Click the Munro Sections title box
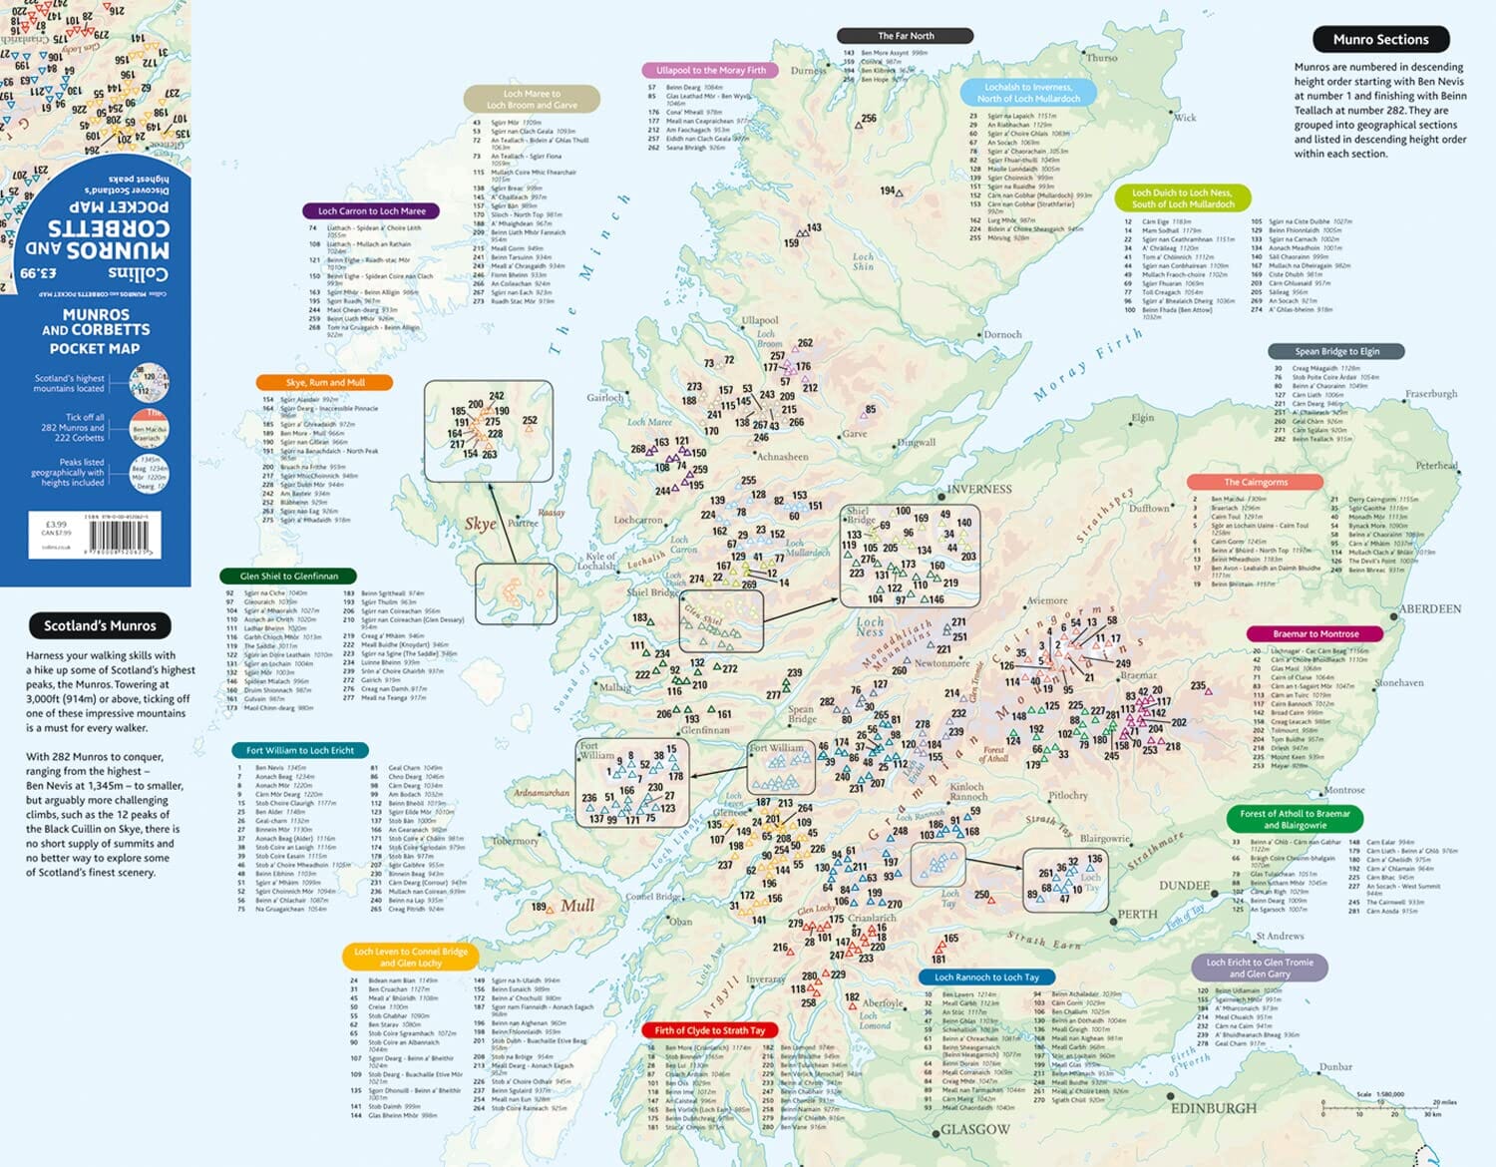(1380, 40)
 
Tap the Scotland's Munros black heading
(100, 625)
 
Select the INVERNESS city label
(978, 489)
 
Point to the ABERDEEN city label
(1430, 608)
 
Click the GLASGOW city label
(975, 1130)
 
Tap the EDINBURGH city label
(1214, 1108)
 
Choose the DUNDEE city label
(1184, 886)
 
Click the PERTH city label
(1137, 915)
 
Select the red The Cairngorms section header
(1256, 482)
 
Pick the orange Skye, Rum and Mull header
(325, 382)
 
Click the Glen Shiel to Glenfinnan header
(288, 576)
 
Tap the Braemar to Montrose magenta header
(1315, 633)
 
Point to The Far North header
(906, 36)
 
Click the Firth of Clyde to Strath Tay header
(709, 1030)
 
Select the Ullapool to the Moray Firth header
(711, 71)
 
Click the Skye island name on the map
(480, 524)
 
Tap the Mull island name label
(577, 906)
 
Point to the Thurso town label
(1102, 58)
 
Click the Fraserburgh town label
(1431, 394)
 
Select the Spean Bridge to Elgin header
(1336, 351)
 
